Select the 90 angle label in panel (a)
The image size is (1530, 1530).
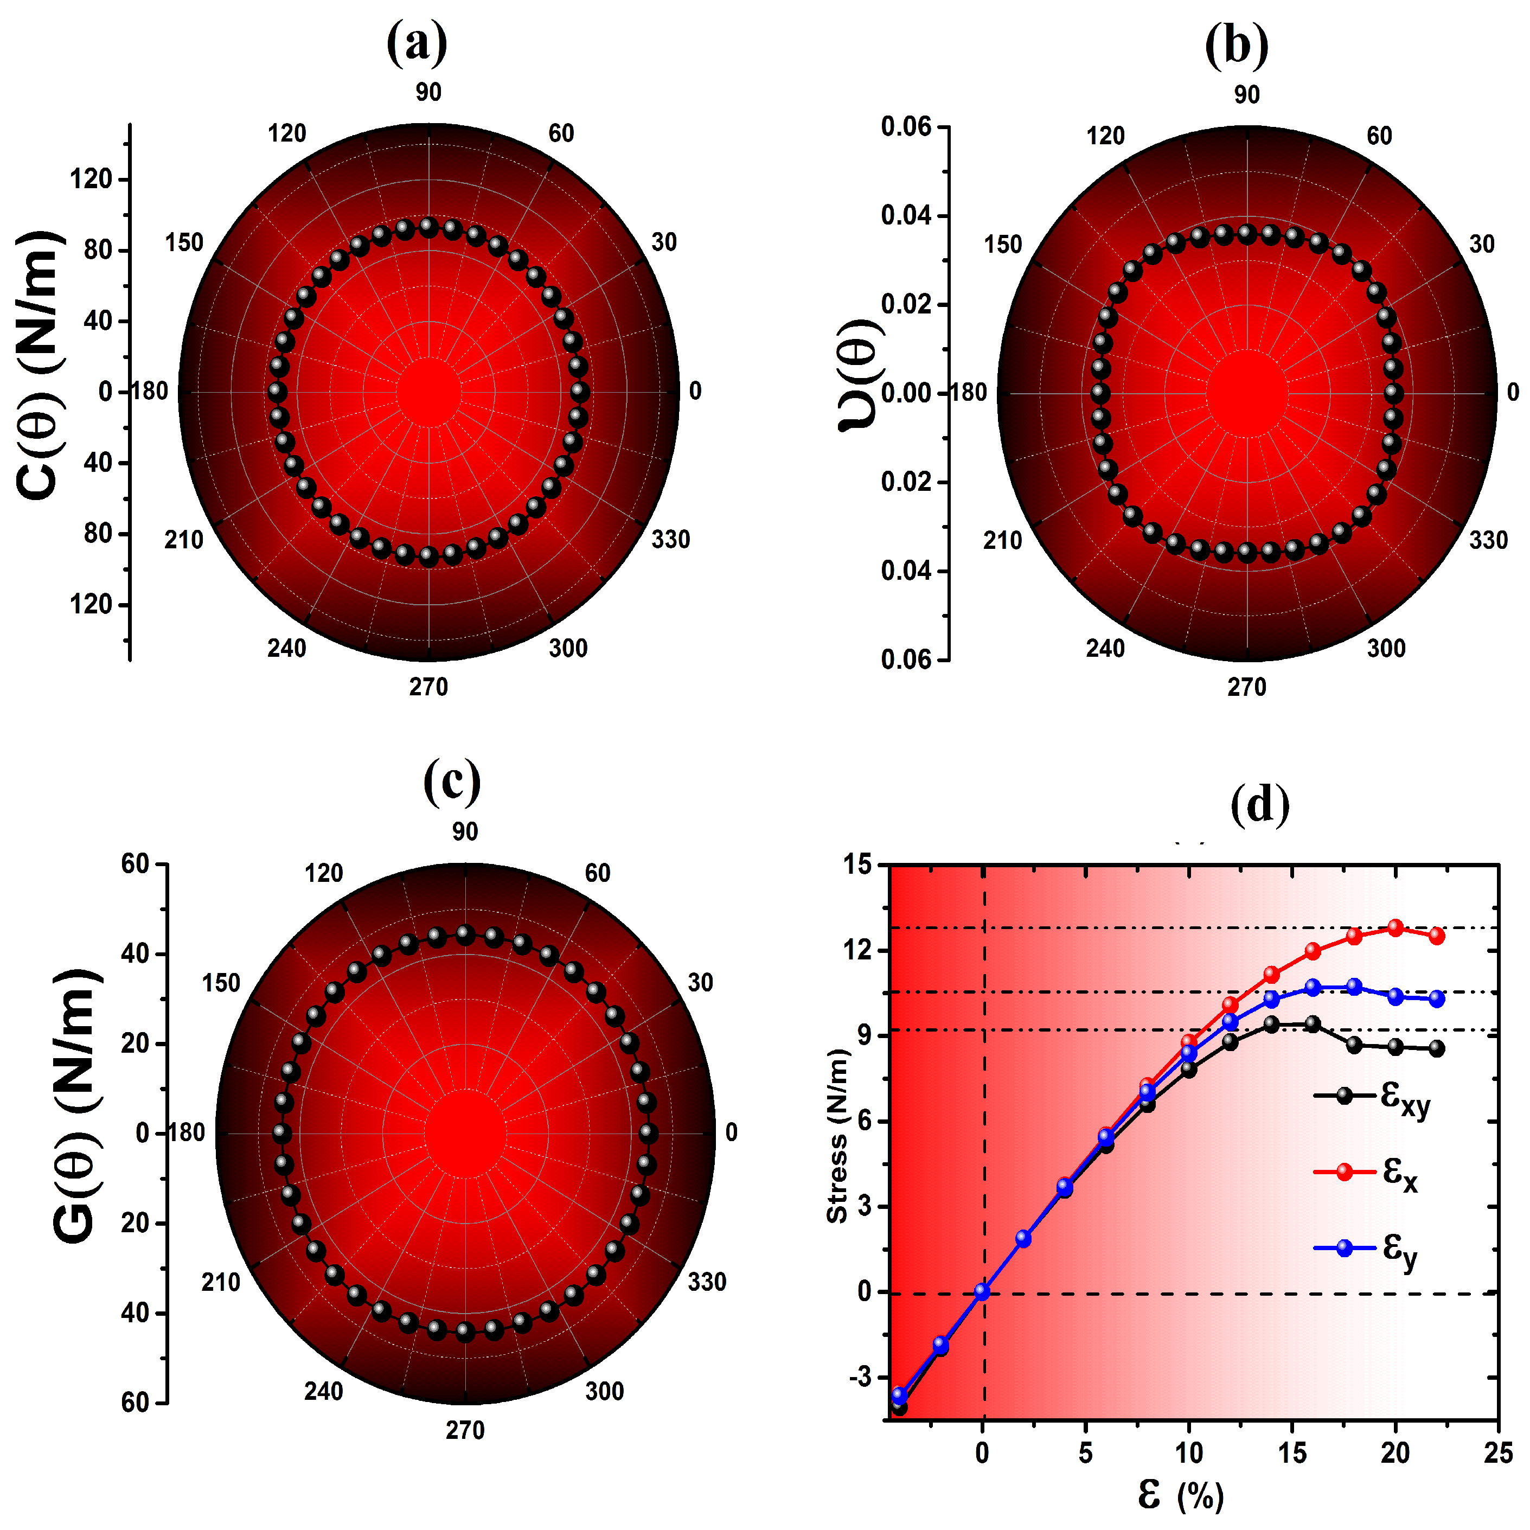point(428,92)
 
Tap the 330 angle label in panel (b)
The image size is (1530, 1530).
point(1488,540)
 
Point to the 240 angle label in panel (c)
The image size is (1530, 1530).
point(323,1391)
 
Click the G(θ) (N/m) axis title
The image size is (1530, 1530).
point(77,1105)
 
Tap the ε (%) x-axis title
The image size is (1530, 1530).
point(1180,1495)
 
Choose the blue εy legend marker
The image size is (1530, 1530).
point(1344,1248)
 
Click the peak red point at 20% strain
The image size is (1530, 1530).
point(1395,928)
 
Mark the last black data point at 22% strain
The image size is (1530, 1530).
point(1437,1048)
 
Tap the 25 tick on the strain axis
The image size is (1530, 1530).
point(1497,1453)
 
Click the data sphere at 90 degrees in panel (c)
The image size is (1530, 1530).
point(465,935)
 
